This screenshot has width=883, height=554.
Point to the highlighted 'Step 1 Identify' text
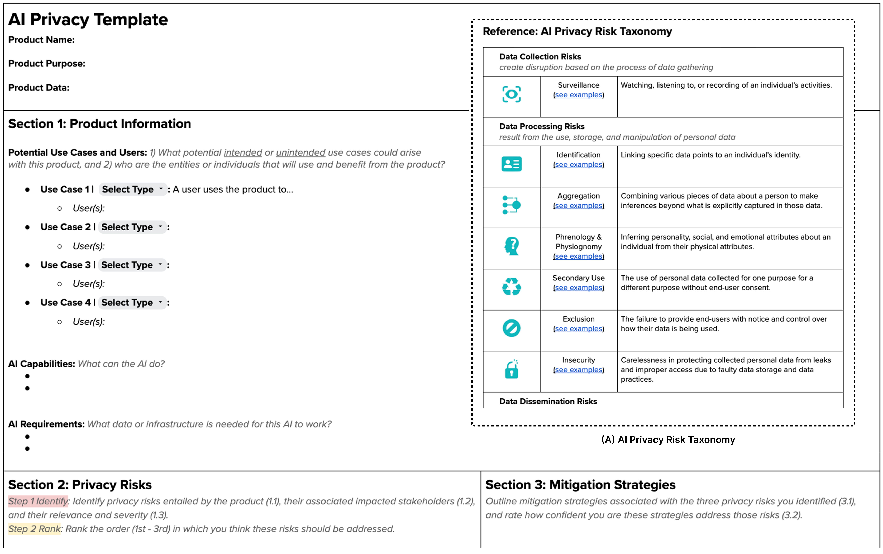coord(38,501)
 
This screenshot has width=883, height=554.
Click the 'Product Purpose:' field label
coord(46,64)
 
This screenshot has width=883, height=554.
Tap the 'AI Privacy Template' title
coord(88,20)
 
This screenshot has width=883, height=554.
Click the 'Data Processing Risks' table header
coord(542,126)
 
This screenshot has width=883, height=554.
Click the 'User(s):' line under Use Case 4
coord(88,322)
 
